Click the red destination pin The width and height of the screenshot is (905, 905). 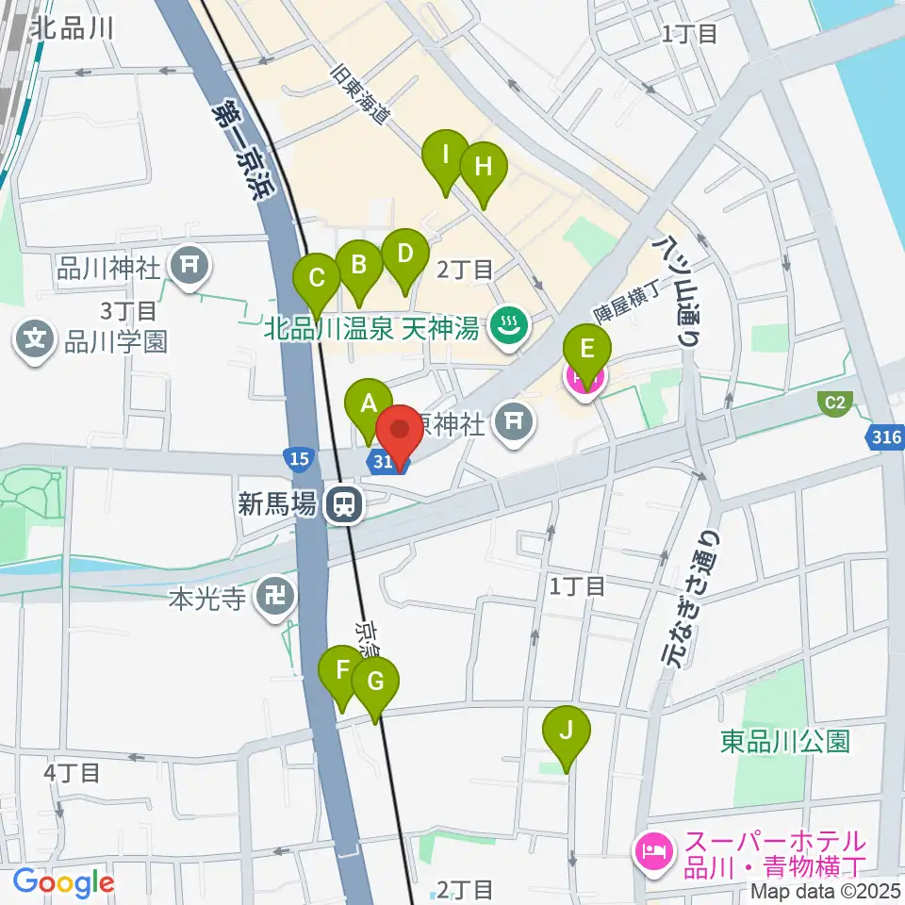tap(400, 434)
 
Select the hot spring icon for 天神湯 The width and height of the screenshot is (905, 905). tap(511, 327)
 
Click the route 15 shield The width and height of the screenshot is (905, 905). tap(297, 459)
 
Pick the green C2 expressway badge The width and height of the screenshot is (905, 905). tap(834, 403)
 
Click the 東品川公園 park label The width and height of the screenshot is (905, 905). tap(784, 741)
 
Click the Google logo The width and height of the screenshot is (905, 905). tap(63, 883)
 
